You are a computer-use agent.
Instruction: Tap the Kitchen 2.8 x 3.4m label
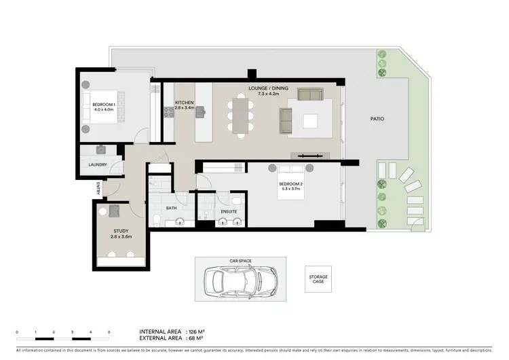tap(185, 105)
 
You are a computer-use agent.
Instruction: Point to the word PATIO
tap(377, 119)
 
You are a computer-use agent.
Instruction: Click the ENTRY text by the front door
tap(98, 187)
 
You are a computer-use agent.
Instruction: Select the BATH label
tap(172, 209)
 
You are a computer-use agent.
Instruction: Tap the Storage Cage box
tap(318, 278)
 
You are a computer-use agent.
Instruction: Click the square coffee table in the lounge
tap(310, 121)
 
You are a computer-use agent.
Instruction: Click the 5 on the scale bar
tap(109, 331)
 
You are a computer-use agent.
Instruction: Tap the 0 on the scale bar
tap(16, 331)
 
